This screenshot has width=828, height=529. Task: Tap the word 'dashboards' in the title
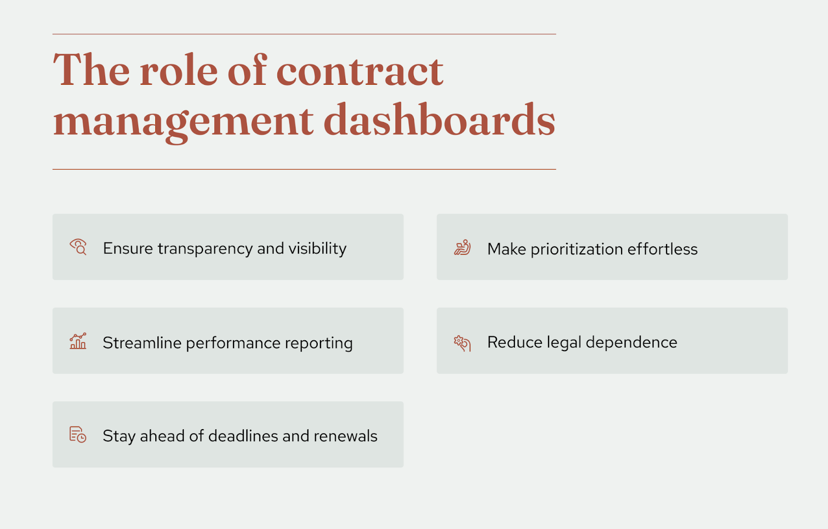pyautogui.click(x=439, y=120)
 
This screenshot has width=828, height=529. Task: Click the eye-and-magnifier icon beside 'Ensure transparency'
pyautogui.click(x=78, y=247)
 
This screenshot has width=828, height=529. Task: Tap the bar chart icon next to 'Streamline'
pyautogui.click(x=78, y=341)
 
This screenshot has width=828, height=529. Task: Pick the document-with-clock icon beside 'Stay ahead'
pyautogui.click(x=78, y=434)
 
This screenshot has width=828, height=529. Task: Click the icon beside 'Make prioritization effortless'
pyautogui.click(x=462, y=248)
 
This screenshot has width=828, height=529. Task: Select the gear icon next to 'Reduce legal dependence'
pyautogui.click(x=462, y=342)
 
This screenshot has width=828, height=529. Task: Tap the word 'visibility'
pyautogui.click(x=317, y=249)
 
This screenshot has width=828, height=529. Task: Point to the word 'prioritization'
pyautogui.click(x=576, y=249)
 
